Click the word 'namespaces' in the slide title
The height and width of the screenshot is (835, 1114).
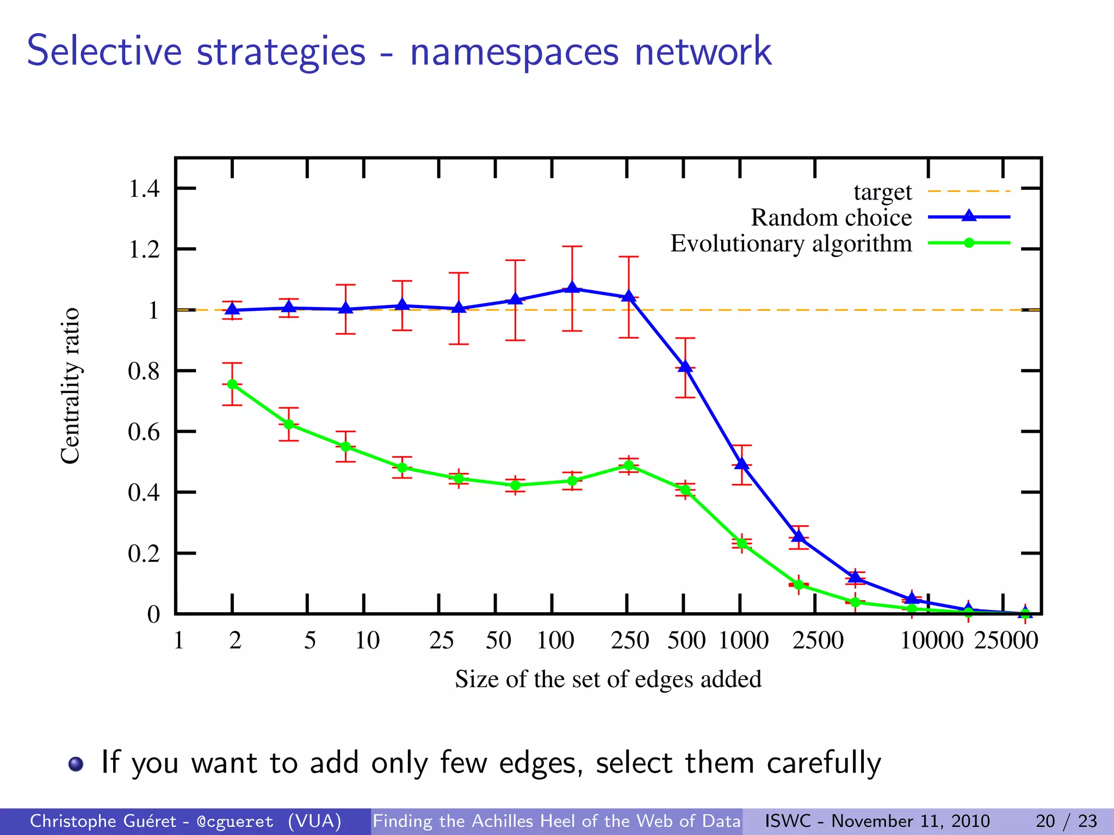pyautogui.click(x=514, y=52)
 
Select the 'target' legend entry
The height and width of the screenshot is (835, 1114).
pyautogui.click(x=882, y=191)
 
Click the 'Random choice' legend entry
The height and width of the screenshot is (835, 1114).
pyautogui.click(x=831, y=217)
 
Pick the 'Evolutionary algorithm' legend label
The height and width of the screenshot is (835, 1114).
pyautogui.click(x=791, y=243)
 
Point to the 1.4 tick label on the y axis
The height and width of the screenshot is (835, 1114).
pyautogui.click(x=144, y=189)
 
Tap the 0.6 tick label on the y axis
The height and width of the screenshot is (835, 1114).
pyautogui.click(x=144, y=432)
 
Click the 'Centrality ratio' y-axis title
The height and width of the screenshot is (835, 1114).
pyautogui.click(x=70, y=386)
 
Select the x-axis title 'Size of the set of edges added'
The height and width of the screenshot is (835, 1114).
pyautogui.click(x=608, y=679)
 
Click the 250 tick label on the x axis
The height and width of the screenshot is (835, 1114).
pyautogui.click(x=630, y=640)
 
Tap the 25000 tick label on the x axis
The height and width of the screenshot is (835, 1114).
pyautogui.click(x=1006, y=640)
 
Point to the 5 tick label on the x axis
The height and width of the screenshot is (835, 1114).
pyautogui.click(x=310, y=640)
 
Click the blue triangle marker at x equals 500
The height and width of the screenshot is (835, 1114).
pyautogui.click(x=685, y=367)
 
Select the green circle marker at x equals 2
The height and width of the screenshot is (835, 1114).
pyautogui.click(x=232, y=384)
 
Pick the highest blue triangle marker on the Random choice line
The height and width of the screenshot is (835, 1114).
pyautogui.click(x=572, y=288)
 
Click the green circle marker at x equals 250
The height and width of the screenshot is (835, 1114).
pyautogui.click(x=629, y=465)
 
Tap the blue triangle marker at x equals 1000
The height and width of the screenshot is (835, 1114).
pyautogui.click(x=741, y=464)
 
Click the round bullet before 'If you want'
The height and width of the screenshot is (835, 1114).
pyautogui.click(x=76, y=764)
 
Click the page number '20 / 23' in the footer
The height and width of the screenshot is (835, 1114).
pyautogui.click(x=1066, y=821)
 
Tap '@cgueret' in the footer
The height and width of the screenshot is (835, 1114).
pyautogui.click(x=235, y=821)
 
